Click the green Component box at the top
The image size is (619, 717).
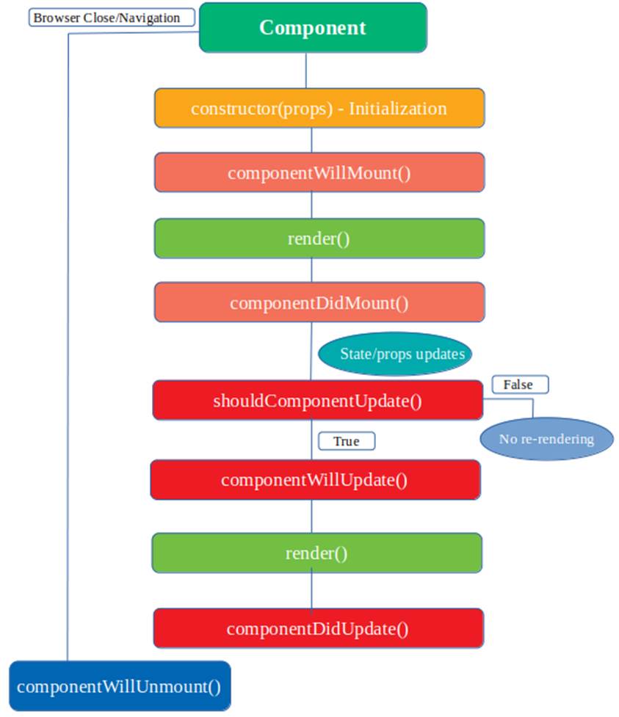pos(313,27)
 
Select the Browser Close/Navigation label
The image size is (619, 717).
pos(112,18)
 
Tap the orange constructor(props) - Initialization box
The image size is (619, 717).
pos(319,109)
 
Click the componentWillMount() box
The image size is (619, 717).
pos(319,173)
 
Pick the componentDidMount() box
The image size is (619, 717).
pos(319,302)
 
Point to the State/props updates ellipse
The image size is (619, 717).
pos(395,354)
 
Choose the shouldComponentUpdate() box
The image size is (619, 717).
pos(317,400)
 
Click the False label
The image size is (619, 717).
pos(520,385)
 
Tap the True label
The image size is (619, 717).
pos(347,441)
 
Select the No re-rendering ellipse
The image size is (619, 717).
pos(547,439)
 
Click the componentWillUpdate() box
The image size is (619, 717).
pos(315,480)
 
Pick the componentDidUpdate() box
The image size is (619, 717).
pos(319,628)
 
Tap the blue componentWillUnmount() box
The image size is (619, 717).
pos(120,686)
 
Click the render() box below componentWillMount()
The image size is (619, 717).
pos(319,239)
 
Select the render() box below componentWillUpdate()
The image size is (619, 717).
pos(316,553)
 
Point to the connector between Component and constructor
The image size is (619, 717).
pos(306,70)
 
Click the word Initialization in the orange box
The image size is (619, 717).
pos(397,109)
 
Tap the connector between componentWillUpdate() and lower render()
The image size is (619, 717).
pos(311,516)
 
